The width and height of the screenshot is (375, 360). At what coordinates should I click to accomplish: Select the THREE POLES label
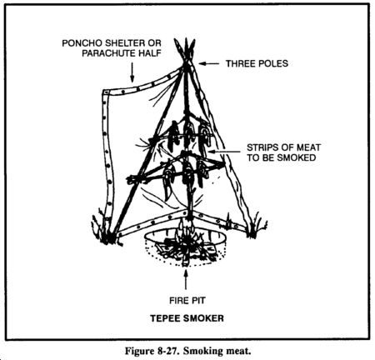pyautogui.click(x=257, y=63)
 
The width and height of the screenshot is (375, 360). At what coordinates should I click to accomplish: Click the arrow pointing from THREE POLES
pyautogui.click(x=209, y=63)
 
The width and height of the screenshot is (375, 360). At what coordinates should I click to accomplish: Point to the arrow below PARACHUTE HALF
pyautogui.click(x=132, y=72)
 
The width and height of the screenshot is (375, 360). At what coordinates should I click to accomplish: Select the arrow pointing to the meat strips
pyautogui.click(x=224, y=152)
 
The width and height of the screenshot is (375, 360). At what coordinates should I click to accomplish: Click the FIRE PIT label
pyautogui.click(x=187, y=301)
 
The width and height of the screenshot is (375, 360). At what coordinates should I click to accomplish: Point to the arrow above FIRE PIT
pyautogui.click(x=186, y=279)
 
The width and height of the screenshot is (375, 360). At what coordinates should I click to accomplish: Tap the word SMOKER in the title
pyautogui.click(x=203, y=318)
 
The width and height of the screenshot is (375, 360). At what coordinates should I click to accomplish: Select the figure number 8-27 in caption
pyautogui.click(x=166, y=351)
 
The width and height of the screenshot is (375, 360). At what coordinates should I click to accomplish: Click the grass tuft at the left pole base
pyautogui.click(x=102, y=227)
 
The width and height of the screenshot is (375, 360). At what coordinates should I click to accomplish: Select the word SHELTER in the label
pyautogui.click(x=127, y=43)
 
